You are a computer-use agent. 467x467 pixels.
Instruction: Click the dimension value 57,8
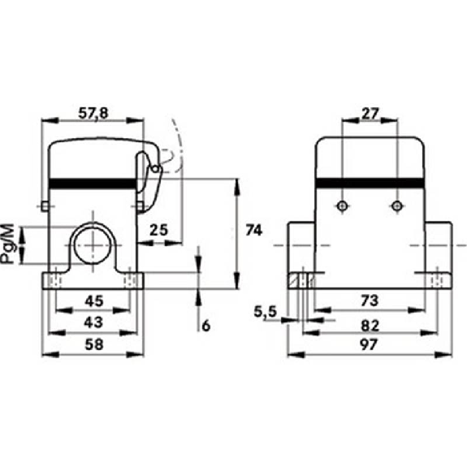tap(93, 114)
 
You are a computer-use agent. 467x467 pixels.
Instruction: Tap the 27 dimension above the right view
tap(370, 114)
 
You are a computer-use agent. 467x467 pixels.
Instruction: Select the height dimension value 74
tap(253, 230)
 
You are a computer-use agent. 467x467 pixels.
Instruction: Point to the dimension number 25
tap(158, 230)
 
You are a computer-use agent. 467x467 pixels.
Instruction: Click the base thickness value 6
tap(205, 326)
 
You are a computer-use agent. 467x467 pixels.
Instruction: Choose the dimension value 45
tap(94, 301)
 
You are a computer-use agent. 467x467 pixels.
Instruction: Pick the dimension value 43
tap(93, 322)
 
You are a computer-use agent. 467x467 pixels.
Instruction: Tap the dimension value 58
tap(94, 344)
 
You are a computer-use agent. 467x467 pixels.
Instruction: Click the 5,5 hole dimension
tap(266, 312)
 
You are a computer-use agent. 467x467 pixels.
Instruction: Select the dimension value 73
tap(370, 301)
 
